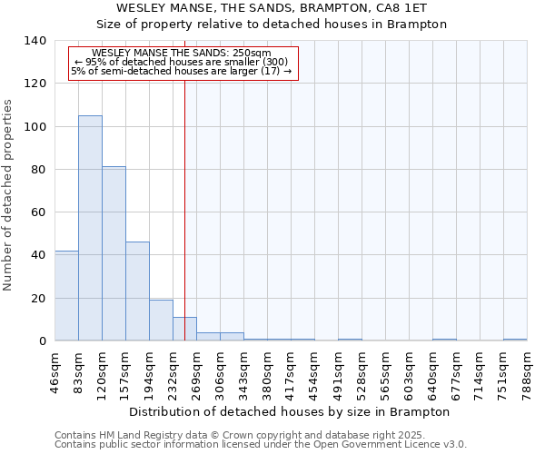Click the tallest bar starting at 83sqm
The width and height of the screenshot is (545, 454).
[90, 228]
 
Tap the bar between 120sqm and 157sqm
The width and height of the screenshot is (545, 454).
[114, 253]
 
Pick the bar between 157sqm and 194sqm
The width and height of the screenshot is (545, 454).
[137, 291]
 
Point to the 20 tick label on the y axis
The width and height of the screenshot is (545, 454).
[38, 299]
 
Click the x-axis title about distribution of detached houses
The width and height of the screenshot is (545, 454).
[291, 411]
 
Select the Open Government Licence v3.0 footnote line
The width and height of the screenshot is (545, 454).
[261, 445]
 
